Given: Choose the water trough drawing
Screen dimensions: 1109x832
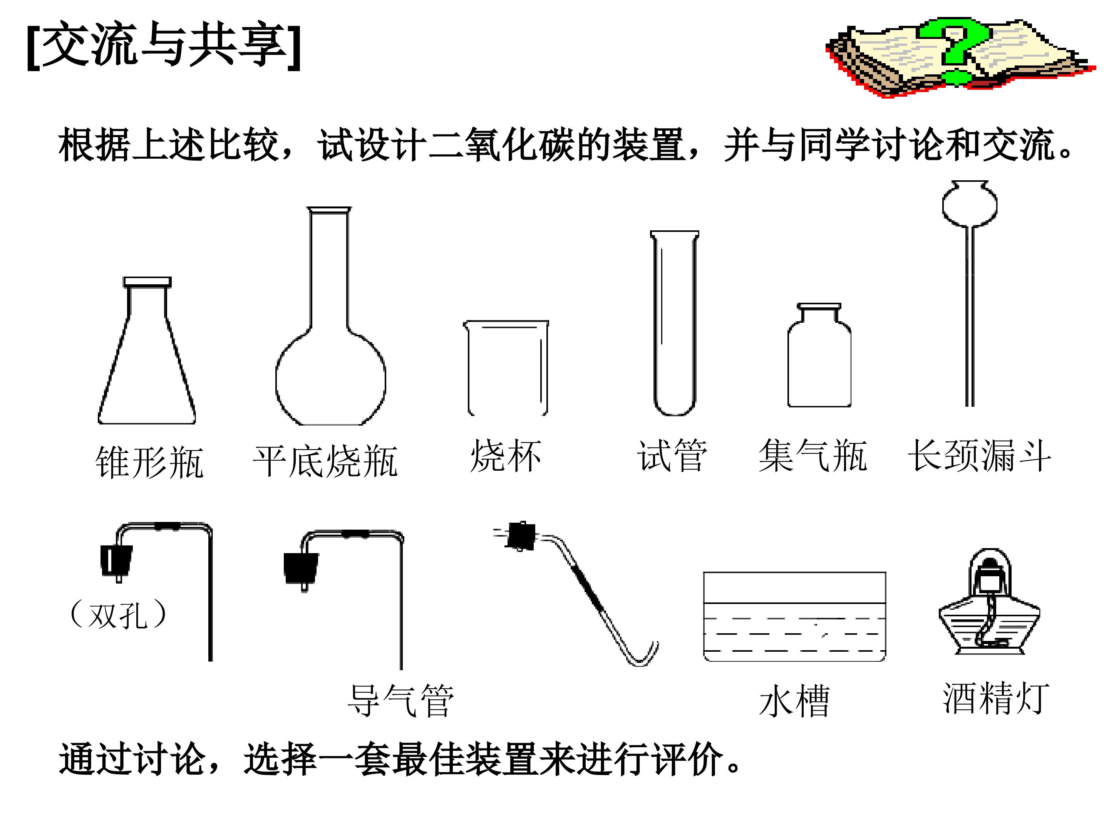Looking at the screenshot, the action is pyautogui.click(x=795, y=616).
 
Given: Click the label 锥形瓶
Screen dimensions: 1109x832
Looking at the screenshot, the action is pyautogui.click(x=149, y=462).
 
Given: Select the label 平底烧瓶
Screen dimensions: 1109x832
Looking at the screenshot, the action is pyautogui.click(x=325, y=461).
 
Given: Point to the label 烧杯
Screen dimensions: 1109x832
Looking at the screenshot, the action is pyautogui.click(x=506, y=455).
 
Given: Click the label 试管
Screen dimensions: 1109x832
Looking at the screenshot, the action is pyautogui.click(x=672, y=455).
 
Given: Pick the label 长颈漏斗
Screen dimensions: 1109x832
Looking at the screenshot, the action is pyautogui.click(x=980, y=455).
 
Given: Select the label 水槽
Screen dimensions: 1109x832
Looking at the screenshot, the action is pyautogui.click(x=795, y=701).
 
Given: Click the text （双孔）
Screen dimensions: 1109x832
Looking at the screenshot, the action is pyautogui.click(x=118, y=615).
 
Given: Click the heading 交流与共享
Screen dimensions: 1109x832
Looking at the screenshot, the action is pyautogui.click(x=164, y=45).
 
